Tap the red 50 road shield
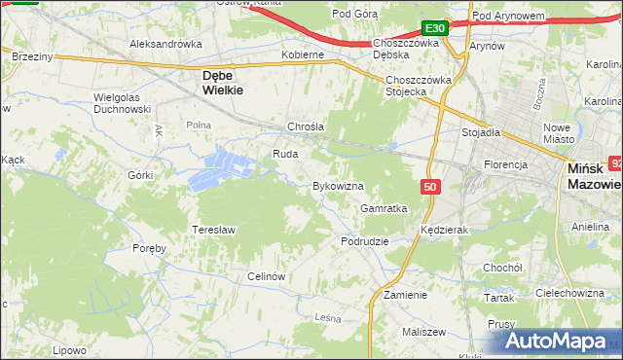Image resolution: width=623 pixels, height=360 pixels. pyautogui.click(x=429, y=186)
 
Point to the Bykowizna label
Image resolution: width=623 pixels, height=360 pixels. pyautogui.click(x=337, y=185)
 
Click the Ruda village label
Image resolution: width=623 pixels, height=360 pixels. pyautogui.click(x=285, y=154)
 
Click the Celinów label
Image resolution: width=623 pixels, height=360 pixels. pyautogui.click(x=266, y=276)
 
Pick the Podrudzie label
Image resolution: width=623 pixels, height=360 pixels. pyautogui.click(x=365, y=241)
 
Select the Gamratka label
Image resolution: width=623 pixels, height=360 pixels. pyautogui.click(x=383, y=208)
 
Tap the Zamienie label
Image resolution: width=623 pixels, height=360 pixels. pyautogui.click(x=405, y=295)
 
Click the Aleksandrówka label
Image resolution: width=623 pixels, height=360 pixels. pyautogui.click(x=165, y=44)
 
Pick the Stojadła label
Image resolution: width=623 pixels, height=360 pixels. pyautogui.click(x=480, y=132)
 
